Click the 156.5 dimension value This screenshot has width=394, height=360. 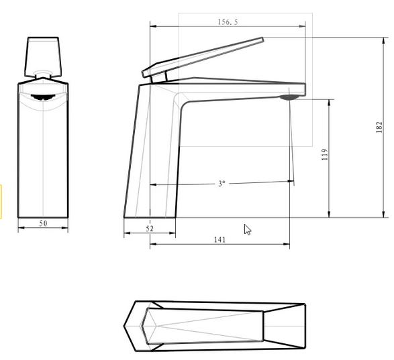228,22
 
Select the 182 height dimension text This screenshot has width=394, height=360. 379,127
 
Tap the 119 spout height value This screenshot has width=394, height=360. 325,155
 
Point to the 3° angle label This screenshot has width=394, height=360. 221,184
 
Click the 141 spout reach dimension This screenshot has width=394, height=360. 219,239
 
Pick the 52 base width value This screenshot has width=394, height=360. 150,229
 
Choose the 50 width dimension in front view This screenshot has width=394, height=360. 43,223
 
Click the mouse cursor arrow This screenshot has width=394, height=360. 248,230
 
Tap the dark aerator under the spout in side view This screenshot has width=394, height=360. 289,97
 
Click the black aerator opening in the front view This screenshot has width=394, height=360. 43,97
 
